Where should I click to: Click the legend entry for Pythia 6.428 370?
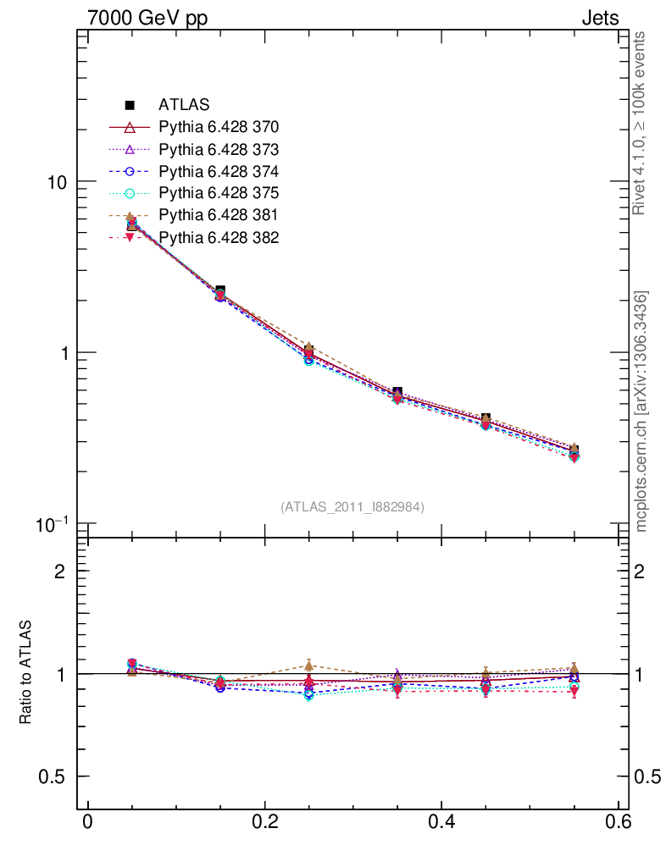(219, 127)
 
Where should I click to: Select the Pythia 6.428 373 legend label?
(219, 149)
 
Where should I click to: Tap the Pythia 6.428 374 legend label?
(219, 171)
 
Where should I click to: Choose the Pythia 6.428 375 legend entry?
(219, 193)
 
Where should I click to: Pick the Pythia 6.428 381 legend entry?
(219, 215)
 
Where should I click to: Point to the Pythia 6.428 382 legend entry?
(219, 237)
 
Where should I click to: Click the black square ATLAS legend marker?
(130, 105)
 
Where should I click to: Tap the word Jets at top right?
(599, 18)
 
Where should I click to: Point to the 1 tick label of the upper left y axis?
(62, 353)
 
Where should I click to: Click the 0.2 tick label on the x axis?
(264, 824)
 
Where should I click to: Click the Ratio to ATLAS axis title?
(27, 672)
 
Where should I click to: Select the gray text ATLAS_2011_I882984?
(352, 506)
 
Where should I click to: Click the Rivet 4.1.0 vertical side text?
(641, 123)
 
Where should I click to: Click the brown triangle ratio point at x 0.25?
(309, 665)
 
